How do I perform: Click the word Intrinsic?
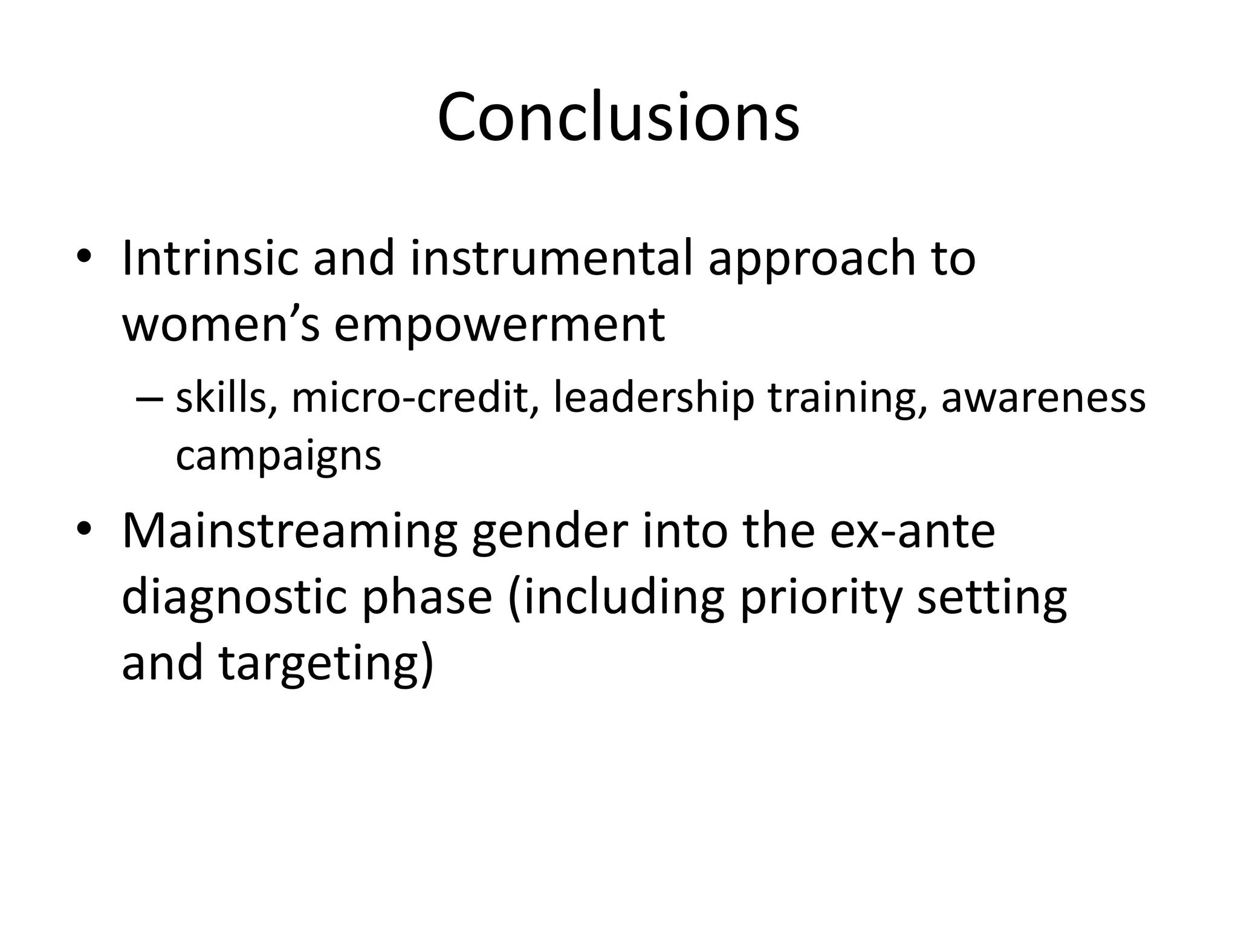click(x=210, y=258)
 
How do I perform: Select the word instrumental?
click(x=551, y=258)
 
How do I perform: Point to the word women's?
click(x=221, y=325)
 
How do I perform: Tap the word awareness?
click(x=1043, y=399)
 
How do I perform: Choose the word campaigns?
click(x=279, y=457)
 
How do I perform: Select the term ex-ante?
click(x=912, y=531)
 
